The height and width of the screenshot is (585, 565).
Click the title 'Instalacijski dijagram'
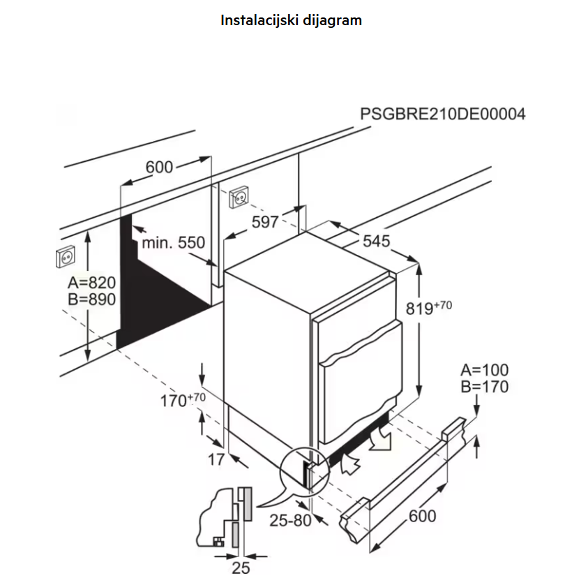coord(291,20)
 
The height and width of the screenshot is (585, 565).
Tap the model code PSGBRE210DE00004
coord(443,114)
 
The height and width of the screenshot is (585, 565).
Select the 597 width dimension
coord(265,222)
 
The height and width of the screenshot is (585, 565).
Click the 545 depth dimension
coord(377,241)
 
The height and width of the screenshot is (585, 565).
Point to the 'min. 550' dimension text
coord(173,243)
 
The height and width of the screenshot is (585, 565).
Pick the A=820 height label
coord(91,283)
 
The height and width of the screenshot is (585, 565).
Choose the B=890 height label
coord(91,299)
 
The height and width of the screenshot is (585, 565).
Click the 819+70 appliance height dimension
coord(428,308)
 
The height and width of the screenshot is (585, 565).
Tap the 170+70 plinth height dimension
coord(183,400)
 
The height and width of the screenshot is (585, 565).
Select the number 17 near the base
coord(216,459)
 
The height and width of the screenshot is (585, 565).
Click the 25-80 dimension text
coord(290,521)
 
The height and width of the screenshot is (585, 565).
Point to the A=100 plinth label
coord(485,370)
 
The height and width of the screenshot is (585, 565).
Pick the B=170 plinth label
coord(485,387)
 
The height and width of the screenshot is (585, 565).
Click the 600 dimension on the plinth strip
coord(422,516)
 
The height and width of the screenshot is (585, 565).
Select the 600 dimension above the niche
coord(159,167)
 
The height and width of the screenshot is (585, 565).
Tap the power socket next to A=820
coord(66,256)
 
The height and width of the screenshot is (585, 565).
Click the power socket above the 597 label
coord(239,197)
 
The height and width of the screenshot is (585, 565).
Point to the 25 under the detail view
coord(241,568)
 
